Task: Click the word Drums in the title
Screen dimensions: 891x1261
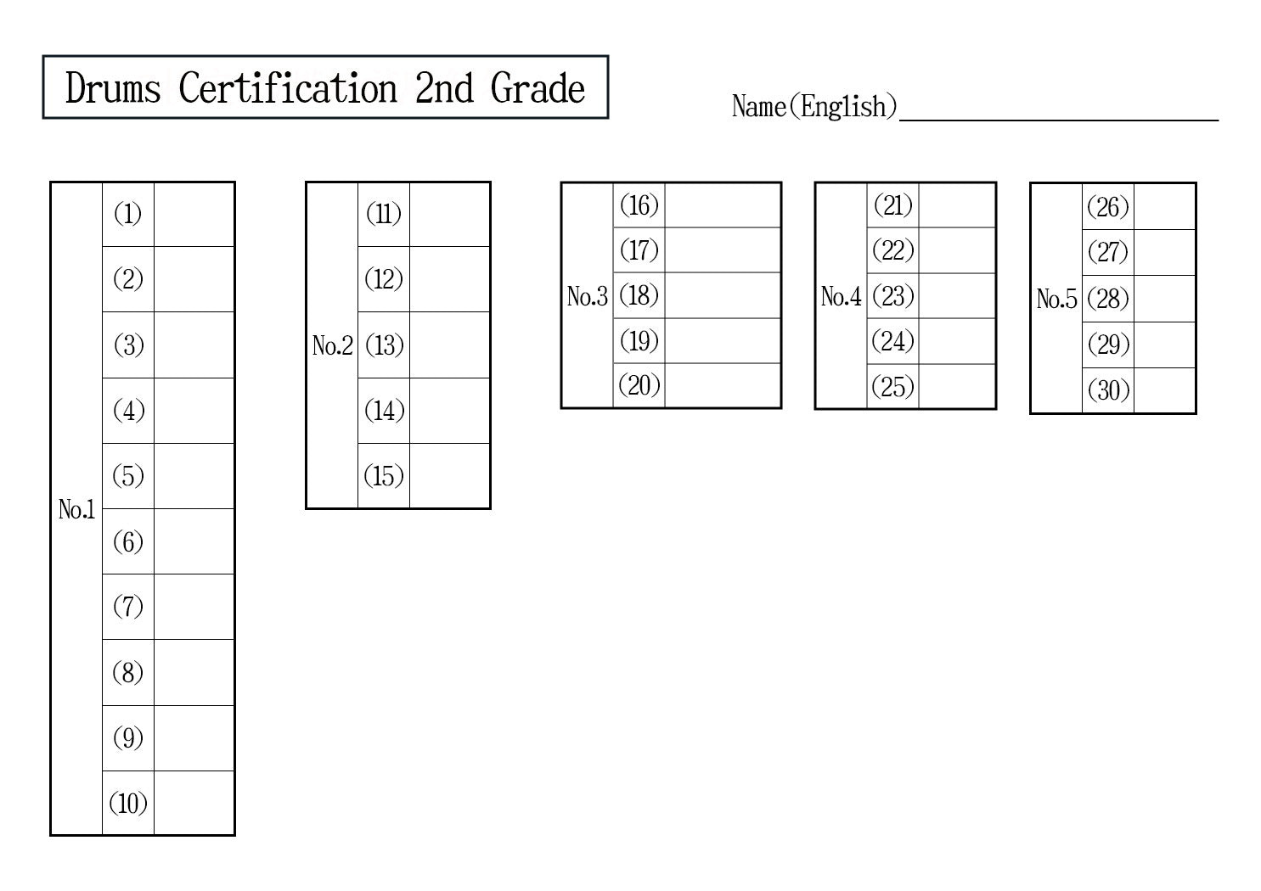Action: (113, 88)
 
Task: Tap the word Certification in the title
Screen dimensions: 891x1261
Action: (288, 88)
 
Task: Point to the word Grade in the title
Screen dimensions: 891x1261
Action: (538, 88)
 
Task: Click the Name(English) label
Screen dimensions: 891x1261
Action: (813, 107)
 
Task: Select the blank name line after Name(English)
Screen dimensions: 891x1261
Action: (1058, 110)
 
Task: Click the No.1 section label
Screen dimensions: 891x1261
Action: (76, 509)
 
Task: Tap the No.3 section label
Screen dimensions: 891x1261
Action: (587, 296)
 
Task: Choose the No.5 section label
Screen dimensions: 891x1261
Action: (1056, 299)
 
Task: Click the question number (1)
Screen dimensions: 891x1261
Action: (127, 214)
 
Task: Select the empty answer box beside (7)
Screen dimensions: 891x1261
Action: (194, 607)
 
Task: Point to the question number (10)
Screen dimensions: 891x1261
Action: (127, 803)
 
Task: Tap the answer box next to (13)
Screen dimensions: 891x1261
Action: (449, 345)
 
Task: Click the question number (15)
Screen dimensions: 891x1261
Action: (383, 476)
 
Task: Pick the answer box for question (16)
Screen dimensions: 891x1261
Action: (722, 205)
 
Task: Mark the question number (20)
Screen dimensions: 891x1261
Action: (639, 385)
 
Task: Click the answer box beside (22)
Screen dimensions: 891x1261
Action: (956, 250)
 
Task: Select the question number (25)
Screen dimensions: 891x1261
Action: (892, 387)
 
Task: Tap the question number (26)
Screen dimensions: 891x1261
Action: (1107, 207)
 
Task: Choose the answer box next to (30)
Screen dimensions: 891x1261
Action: (1163, 390)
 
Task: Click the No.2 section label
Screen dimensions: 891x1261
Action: (332, 345)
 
